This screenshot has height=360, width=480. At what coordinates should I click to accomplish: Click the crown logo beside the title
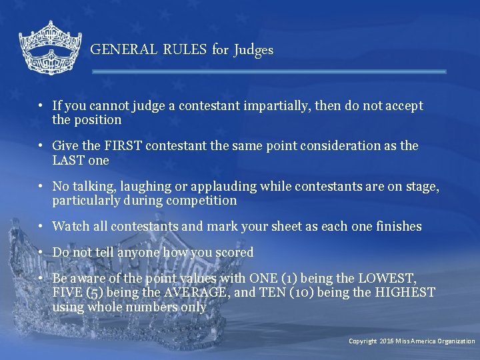(50, 47)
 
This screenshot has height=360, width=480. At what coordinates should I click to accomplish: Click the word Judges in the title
(253, 50)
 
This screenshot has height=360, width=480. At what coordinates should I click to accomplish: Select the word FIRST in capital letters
(120, 146)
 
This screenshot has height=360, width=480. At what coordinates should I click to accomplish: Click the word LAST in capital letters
(69, 161)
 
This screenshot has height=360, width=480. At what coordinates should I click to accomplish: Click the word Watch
(70, 227)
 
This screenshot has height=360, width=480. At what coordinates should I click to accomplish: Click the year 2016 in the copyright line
(387, 341)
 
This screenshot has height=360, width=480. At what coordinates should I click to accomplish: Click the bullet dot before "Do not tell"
(41, 253)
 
